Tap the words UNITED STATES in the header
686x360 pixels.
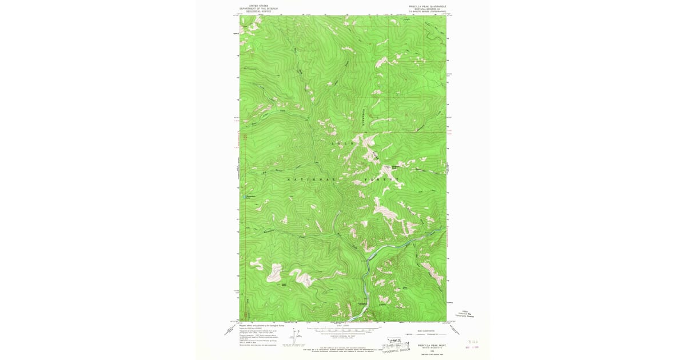[x=258, y=5]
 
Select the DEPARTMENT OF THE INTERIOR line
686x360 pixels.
[x=258, y=8]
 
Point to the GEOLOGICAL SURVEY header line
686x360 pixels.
[x=258, y=11]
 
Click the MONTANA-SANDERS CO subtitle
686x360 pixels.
[x=428, y=9]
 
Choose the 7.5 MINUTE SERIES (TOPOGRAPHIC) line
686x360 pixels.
[x=428, y=11]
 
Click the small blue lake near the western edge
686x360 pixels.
[x=243, y=200]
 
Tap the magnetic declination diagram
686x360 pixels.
[x=296, y=337]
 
